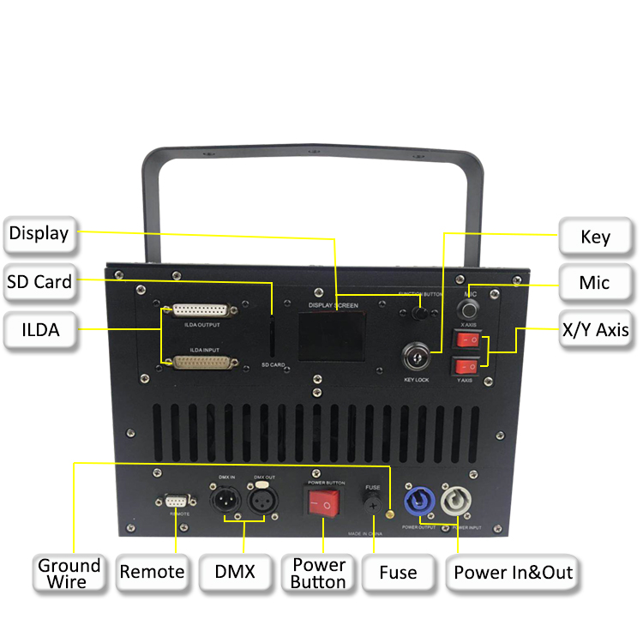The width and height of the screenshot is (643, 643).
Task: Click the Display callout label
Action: point(39,232)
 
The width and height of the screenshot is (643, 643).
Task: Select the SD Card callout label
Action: point(39,281)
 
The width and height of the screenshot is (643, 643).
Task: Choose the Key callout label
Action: point(596,236)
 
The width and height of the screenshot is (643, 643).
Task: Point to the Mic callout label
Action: point(596,282)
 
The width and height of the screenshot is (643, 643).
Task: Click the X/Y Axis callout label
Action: point(596,330)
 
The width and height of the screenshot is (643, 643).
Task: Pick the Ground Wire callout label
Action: point(69,574)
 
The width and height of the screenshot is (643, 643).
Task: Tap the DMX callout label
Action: point(236,572)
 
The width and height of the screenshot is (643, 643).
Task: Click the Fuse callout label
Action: point(399,572)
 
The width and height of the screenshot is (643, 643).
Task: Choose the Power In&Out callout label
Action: point(513,572)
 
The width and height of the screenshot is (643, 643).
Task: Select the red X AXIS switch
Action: point(468,340)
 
